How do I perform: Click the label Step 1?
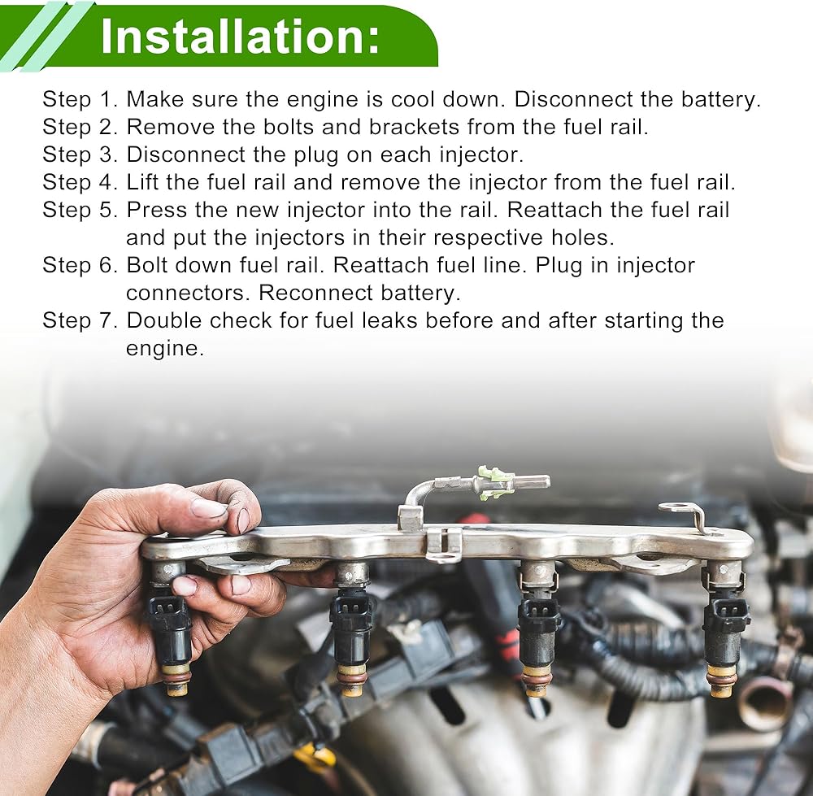click(80, 99)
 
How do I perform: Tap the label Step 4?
click(80, 183)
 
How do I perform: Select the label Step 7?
click(80, 320)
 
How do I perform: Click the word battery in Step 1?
click(717, 99)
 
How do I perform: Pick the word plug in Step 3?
click(315, 155)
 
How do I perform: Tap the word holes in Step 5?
click(582, 237)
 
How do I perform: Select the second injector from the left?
click(351, 629)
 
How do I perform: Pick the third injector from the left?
click(539, 629)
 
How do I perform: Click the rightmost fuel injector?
click(724, 629)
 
